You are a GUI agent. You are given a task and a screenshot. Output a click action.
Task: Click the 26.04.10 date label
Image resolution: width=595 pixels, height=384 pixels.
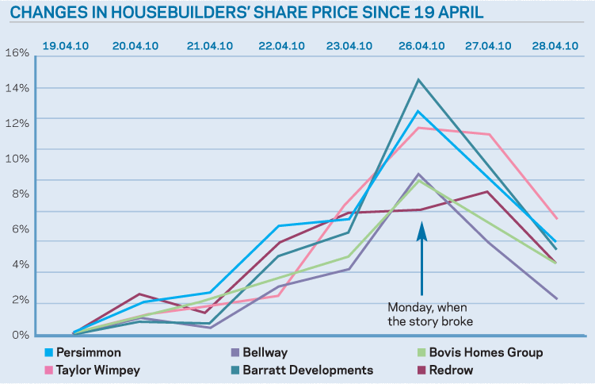pyautogui.click(x=421, y=45)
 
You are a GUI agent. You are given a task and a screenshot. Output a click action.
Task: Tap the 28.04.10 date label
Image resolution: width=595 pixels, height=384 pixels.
pyautogui.click(x=555, y=45)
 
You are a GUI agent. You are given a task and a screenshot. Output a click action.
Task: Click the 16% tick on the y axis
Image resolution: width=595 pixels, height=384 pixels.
pyautogui.click(x=17, y=53)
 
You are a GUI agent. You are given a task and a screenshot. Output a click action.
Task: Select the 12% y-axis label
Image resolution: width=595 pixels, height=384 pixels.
pyautogui.click(x=17, y=124)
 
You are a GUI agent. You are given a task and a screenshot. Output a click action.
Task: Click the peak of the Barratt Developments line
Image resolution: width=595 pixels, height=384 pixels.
pyautogui.click(x=418, y=79)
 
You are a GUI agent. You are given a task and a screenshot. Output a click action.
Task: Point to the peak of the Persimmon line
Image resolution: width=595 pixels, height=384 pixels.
pyautogui.click(x=418, y=111)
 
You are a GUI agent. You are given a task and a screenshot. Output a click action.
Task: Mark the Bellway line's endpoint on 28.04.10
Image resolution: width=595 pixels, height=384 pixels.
pyautogui.click(x=556, y=298)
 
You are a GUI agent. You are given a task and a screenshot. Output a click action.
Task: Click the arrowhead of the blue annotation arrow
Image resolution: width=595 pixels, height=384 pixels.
pyautogui.click(x=421, y=226)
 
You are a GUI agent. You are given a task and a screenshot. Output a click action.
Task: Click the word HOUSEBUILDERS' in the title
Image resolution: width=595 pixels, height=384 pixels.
pyautogui.click(x=197, y=13)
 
